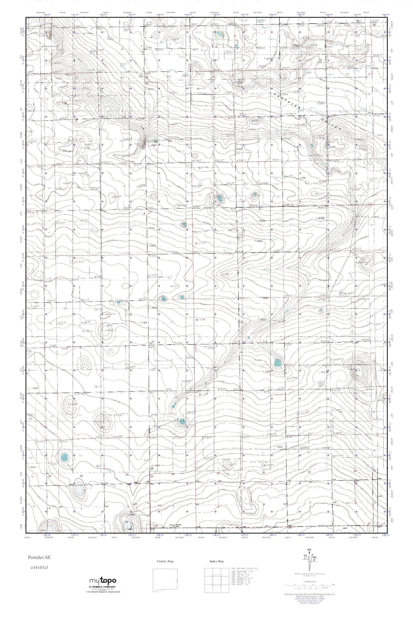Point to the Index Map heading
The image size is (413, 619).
click(217, 561)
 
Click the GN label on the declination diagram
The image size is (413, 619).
click(309, 550)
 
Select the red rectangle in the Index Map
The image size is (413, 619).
click(217, 578)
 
